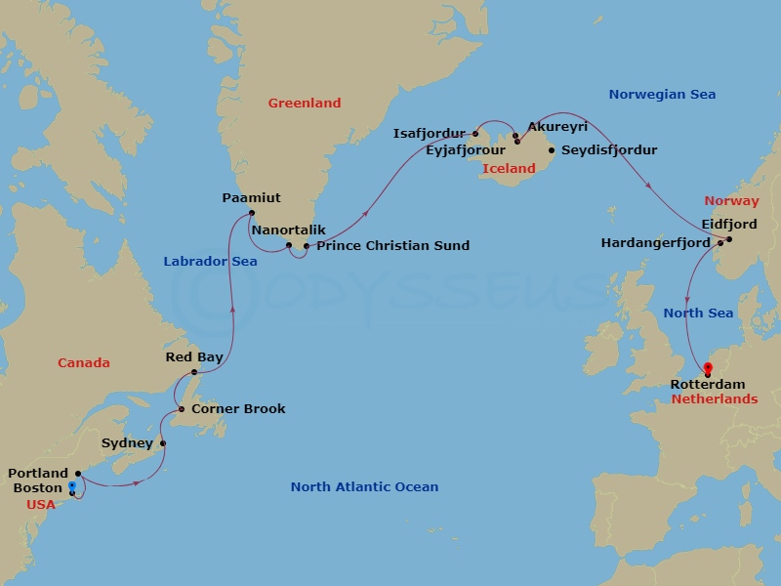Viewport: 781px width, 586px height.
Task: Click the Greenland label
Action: tap(305, 103)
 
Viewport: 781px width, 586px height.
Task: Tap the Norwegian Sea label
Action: tap(662, 95)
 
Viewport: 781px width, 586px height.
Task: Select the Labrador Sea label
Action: tap(210, 261)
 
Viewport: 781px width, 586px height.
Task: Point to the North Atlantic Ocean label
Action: tap(364, 486)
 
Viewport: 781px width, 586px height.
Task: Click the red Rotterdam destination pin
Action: tap(708, 369)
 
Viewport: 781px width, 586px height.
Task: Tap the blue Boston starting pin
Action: tap(72, 485)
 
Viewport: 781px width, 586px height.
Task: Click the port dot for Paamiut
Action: tap(252, 214)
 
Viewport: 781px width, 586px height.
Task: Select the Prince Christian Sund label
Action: tap(392, 246)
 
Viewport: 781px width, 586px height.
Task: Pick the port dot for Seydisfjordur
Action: tap(552, 150)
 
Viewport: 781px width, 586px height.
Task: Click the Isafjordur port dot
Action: tap(476, 134)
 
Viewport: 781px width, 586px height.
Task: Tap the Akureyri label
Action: tap(556, 127)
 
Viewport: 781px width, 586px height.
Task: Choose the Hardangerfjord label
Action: tap(655, 243)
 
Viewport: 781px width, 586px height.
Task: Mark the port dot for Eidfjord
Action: tap(728, 239)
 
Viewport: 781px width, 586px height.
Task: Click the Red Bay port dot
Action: tap(194, 372)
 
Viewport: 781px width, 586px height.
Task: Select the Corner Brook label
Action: tap(238, 408)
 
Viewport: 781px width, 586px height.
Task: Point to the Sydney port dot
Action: tap(163, 443)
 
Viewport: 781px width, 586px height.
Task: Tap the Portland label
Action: tap(38, 474)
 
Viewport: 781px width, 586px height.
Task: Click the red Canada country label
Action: tap(83, 362)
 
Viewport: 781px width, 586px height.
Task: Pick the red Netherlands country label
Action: tap(714, 398)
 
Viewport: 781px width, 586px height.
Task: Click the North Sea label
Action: tap(698, 313)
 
